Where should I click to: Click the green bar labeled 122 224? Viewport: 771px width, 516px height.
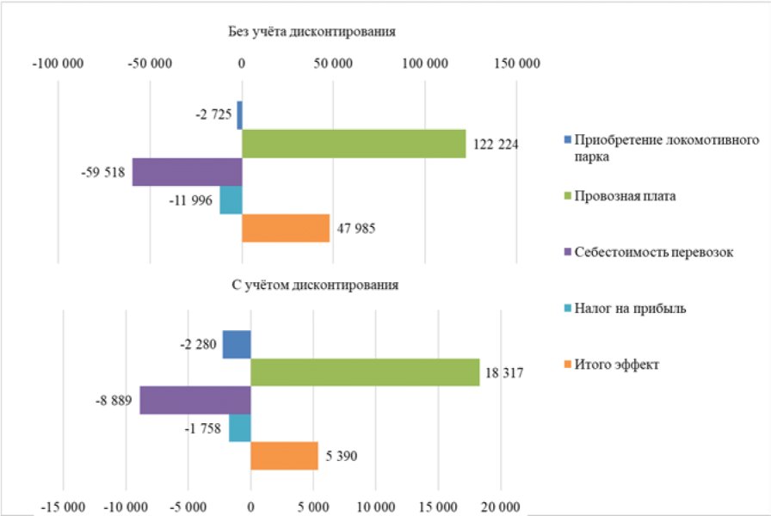coord(353,144)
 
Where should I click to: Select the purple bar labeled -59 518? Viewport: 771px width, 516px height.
coord(187,172)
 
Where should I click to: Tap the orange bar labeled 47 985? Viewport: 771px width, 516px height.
coord(286,228)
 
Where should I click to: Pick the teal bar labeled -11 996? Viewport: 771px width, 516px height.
coord(231,200)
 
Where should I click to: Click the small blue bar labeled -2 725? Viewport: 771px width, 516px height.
coord(239,114)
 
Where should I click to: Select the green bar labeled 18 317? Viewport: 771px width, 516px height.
coord(365,372)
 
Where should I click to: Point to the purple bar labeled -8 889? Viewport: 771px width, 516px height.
coord(195,401)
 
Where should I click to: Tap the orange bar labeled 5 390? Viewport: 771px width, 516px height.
coord(284,456)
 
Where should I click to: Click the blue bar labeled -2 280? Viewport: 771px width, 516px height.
coord(237,345)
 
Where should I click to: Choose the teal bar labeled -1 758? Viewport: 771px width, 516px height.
coord(240,428)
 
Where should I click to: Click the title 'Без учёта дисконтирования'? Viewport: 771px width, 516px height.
coord(311,32)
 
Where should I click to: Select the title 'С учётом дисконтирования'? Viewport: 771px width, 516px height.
coord(315,284)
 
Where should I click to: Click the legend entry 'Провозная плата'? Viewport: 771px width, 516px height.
coord(625,196)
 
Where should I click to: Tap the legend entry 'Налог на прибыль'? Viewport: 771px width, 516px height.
coord(630,309)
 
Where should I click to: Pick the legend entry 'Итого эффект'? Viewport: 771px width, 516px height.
coord(617,365)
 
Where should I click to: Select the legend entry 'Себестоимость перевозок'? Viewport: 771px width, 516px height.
coord(653,253)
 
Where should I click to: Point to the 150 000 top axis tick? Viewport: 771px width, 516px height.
coord(516,64)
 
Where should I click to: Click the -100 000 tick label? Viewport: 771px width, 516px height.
coord(58,64)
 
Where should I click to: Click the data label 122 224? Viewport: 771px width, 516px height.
coord(496,144)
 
